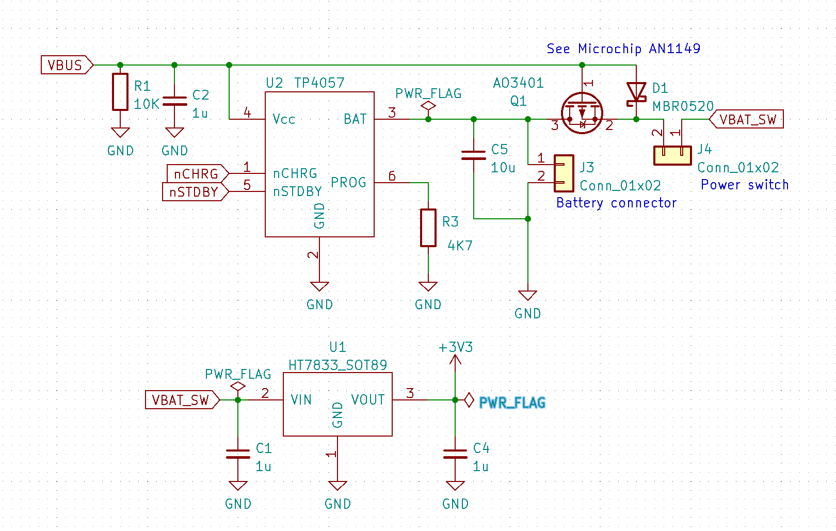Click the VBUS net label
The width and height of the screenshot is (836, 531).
(x=66, y=66)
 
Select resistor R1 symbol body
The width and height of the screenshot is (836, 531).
(x=120, y=92)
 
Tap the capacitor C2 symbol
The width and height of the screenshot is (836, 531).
(x=175, y=101)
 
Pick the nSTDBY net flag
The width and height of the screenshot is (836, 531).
(x=195, y=192)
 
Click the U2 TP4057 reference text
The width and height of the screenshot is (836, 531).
(x=305, y=83)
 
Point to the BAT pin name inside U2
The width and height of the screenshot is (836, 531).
(x=355, y=119)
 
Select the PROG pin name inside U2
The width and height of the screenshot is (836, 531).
(x=348, y=183)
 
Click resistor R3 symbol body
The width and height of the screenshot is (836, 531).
(x=428, y=228)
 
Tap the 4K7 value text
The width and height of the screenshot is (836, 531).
(x=460, y=246)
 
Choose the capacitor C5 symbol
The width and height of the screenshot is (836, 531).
(x=474, y=155)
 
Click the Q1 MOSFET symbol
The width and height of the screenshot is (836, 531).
(x=582, y=112)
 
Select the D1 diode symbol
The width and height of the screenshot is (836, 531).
(x=636, y=93)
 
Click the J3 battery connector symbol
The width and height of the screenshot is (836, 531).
(x=564, y=173)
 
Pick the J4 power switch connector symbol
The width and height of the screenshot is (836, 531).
(x=672, y=155)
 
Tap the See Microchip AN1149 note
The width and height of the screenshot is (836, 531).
(x=623, y=49)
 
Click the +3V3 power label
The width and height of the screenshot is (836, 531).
(x=456, y=347)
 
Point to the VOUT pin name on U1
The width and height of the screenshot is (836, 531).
(x=368, y=400)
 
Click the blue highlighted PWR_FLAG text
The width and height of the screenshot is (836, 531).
(x=512, y=403)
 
